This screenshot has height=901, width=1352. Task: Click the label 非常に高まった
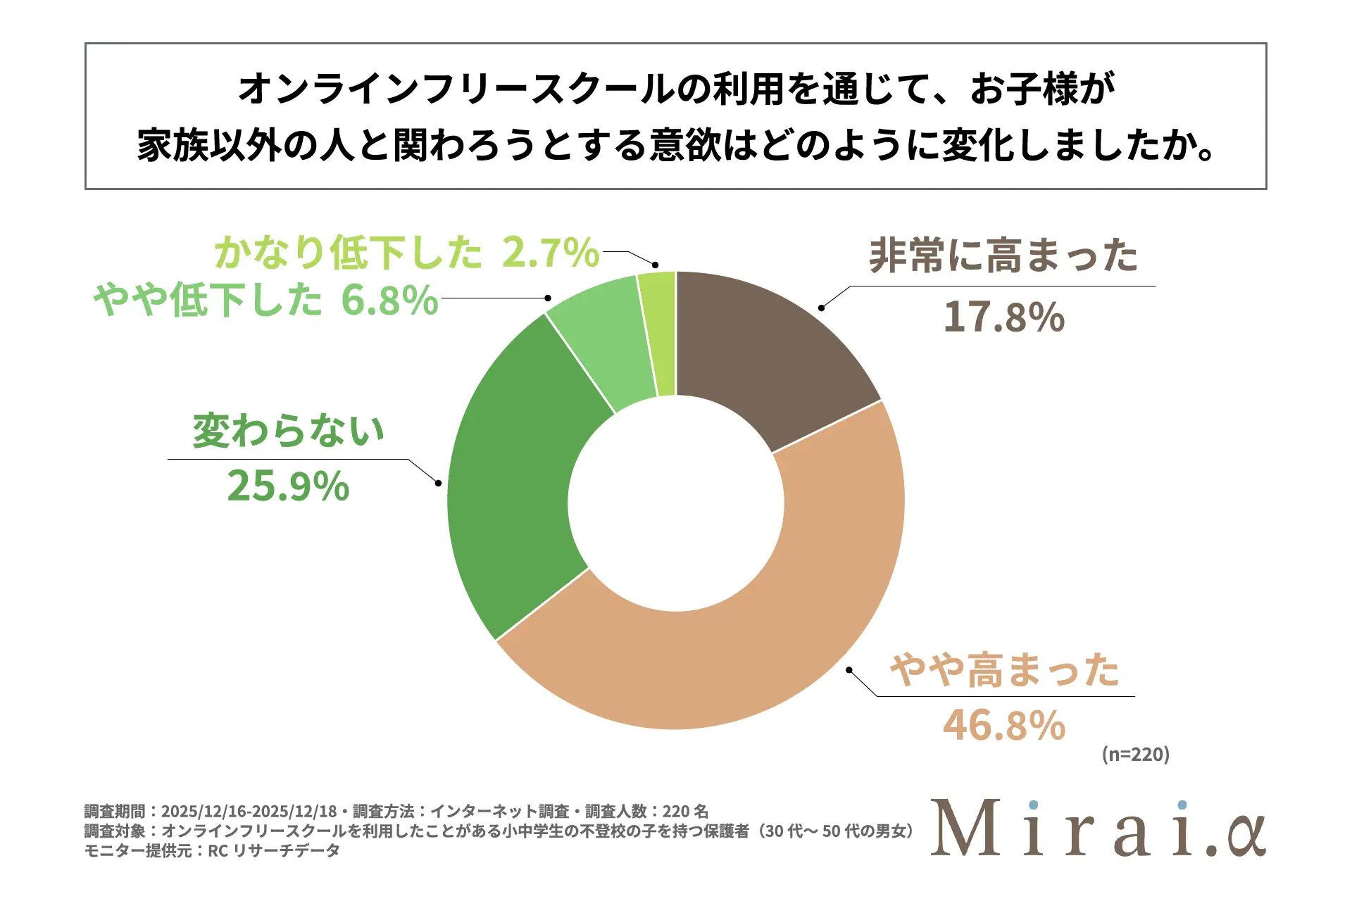[1003, 256]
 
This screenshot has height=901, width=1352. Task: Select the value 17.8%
[1003, 317]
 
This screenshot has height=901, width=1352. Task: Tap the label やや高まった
[1004, 669]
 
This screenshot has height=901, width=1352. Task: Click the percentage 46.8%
[1004, 726]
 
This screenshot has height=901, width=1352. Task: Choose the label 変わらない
[289, 431]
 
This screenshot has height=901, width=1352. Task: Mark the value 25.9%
[288, 486]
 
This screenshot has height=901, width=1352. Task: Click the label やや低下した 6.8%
[266, 300]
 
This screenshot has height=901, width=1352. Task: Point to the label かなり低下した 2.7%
[407, 252]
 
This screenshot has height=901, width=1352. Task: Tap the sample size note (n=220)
[1135, 755]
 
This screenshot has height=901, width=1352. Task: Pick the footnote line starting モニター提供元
[212, 851]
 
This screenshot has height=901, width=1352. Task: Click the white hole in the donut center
[676, 503]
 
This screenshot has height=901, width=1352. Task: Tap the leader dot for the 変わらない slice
[438, 483]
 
